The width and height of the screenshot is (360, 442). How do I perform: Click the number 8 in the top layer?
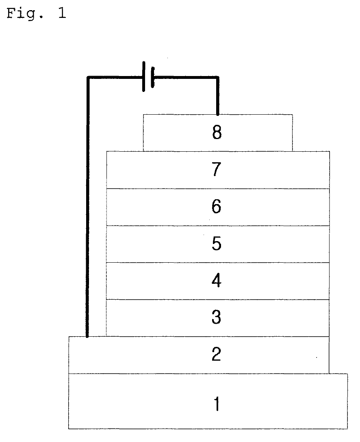click(217, 133)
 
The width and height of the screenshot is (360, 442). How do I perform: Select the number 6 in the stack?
click(217, 207)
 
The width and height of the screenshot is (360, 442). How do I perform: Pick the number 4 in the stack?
click(217, 281)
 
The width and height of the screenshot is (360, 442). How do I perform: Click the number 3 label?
click(217, 317)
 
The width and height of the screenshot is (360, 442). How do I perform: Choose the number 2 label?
click(217, 354)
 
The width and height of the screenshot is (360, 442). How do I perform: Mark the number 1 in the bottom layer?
click(217, 404)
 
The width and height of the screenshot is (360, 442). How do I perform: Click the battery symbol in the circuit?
click(148, 76)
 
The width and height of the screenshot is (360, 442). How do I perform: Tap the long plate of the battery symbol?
click(144, 76)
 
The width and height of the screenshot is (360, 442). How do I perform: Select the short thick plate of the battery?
click(152, 77)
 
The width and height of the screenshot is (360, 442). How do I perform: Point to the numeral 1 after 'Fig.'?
click(62, 14)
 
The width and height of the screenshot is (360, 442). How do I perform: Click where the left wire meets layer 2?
click(87, 336)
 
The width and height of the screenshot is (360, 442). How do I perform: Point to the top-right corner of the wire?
click(218, 77)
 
